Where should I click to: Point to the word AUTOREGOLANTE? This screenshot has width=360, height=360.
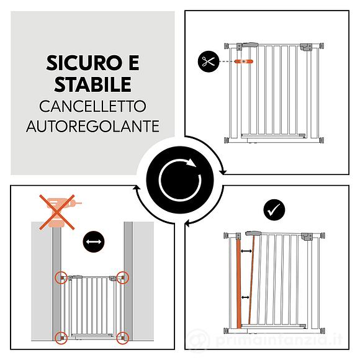tap(92, 126)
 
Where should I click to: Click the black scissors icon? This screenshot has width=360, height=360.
tap(207, 62)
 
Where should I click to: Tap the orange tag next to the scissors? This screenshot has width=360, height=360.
tap(246, 62)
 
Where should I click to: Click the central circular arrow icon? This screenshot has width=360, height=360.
tap(180, 180)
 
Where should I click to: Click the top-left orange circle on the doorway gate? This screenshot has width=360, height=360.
tap(61, 277)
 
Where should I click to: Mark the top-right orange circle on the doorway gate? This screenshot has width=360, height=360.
tap(123, 277)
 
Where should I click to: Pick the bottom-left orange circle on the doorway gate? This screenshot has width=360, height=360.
tap(61, 338)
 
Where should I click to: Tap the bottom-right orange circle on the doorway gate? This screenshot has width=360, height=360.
tap(123, 338)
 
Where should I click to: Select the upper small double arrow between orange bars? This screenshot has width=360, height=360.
tap(247, 251)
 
